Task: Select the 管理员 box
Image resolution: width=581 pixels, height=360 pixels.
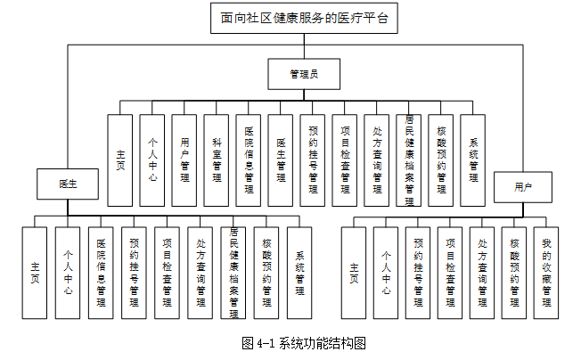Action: coord(304,75)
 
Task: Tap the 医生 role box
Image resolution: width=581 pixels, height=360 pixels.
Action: coord(68,184)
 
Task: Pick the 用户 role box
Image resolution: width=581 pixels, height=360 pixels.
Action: coord(523,187)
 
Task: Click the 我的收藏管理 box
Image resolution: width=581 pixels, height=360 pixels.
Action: coord(546,273)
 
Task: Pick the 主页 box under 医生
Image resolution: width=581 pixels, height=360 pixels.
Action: coord(36,273)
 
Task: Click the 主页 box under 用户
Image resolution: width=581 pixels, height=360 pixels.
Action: coord(354,273)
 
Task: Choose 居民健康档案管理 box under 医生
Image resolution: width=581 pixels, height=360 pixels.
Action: coord(233,273)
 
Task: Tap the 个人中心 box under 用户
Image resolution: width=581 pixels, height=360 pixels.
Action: coord(386,273)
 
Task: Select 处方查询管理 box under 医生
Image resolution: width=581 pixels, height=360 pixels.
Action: coord(200,273)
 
